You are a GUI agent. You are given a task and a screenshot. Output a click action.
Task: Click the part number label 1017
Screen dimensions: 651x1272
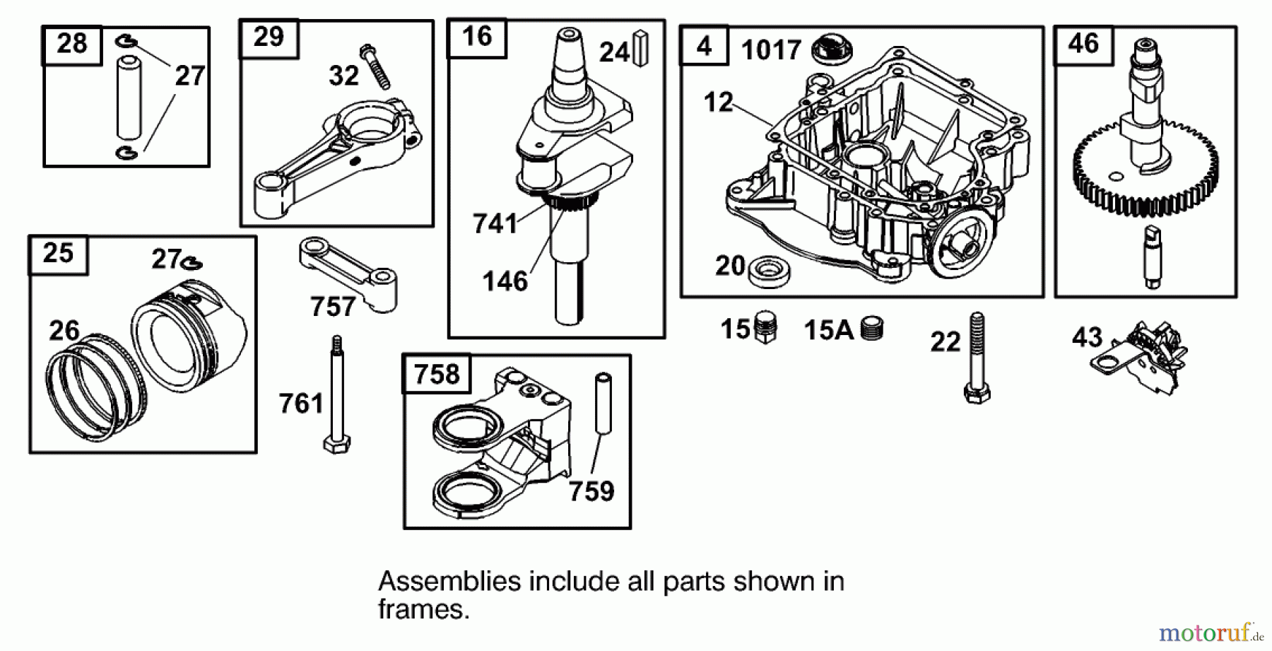point(770,50)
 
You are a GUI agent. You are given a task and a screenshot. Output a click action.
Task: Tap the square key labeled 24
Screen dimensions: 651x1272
point(641,48)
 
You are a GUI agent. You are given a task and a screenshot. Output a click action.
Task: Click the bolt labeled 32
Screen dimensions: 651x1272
point(375,66)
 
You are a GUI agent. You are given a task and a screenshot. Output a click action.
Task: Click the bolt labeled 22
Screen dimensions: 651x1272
point(977,358)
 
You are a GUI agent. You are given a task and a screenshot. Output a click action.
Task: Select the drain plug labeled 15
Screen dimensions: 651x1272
point(765,327)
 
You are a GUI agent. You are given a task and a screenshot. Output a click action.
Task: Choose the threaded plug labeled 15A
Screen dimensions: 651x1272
point(872,329)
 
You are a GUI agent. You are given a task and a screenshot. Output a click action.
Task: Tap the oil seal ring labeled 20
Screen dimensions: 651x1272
point(769,271)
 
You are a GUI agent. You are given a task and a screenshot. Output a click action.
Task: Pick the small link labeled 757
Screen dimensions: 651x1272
point(348,271)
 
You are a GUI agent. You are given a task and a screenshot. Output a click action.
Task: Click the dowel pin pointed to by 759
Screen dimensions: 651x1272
point(603,402)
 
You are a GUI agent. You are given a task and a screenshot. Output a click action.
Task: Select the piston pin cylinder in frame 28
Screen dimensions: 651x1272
point(129,98)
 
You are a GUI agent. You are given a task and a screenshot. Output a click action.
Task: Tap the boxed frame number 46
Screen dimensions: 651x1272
point(1083,44)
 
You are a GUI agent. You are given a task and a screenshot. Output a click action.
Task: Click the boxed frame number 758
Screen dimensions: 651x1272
point(436,374)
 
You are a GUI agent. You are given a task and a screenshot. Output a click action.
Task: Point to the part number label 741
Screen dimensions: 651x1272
point(495,223)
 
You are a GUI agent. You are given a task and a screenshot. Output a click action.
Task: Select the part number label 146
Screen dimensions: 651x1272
point(505,281)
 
